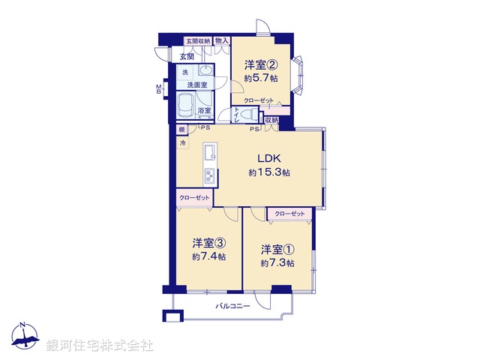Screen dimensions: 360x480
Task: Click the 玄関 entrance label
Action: pyautogui.click(x=187, y=56)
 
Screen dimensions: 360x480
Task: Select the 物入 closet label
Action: pyautogui.click(x=221, y=41)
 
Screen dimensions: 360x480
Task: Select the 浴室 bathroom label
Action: pyautogui.click(x=204, y=111)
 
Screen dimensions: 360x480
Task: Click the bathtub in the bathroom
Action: pyautogui.click(x=187, y=106)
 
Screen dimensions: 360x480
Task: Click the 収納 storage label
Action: pyautogui.click(x=271, y=119)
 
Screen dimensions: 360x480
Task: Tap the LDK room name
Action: pyautogui.click(x=270, y=158)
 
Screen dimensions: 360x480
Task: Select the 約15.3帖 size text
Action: pyautogui.click(x=270, y=172)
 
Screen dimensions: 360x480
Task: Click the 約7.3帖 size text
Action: pyautogui.click(x=277, y=262)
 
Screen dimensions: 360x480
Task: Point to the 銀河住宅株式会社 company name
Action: pyautogui.click(x=100, y=346)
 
